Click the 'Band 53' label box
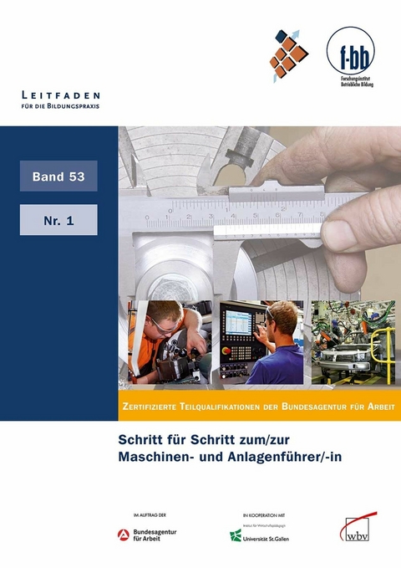58,177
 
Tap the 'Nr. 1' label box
58,220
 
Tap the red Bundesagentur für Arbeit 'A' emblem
123,535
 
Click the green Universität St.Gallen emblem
236,535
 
